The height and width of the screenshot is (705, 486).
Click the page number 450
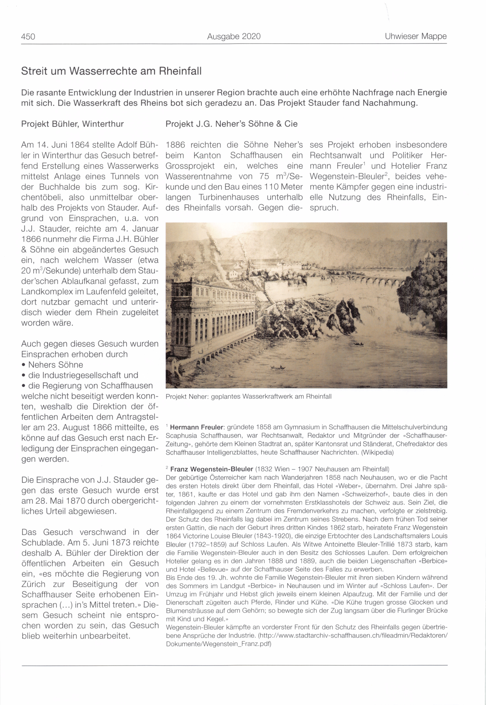[28, 37]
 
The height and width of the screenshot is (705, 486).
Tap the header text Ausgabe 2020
[234, 37]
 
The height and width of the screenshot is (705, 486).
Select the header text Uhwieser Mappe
[415, 36]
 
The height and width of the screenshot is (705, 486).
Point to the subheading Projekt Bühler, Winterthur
[73, 124]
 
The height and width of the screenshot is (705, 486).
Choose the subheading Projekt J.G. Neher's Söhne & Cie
[231, 124]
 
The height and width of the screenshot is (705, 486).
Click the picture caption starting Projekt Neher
[248, 397]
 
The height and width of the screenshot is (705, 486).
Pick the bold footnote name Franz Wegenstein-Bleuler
[212, 469]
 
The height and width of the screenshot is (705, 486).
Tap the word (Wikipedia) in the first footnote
[377, 453]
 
